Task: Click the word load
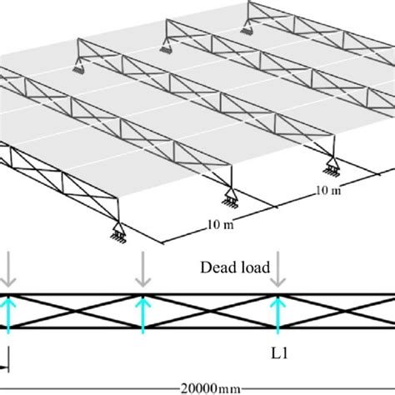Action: (x=252, y=267)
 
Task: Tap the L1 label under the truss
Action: (x=279, y=353)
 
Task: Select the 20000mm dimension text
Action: (x=211, y=388)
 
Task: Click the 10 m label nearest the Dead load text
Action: (x=221, y=225)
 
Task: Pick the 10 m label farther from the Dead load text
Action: (x=328, y=190)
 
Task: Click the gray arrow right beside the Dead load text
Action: (x=277, y=269)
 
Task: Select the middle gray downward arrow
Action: (x=143, y=269)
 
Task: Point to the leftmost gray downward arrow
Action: (x=8, y=269)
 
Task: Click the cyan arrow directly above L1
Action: (x=277, y=315)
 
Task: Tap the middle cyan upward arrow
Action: (x=143, y=315)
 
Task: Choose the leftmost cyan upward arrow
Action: (x=8, y=315)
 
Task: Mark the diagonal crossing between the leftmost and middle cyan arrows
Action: (x=75, y=311)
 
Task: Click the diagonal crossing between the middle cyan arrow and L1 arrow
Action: (x=210, y=311)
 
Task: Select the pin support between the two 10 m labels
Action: (x=230, y=198)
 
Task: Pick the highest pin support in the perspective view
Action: (x=247, y=27)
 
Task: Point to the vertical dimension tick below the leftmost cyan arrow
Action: (x=9, y=359)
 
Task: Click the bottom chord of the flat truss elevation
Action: (x=197, y=327)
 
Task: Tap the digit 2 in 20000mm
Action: (x=185, y=388)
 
